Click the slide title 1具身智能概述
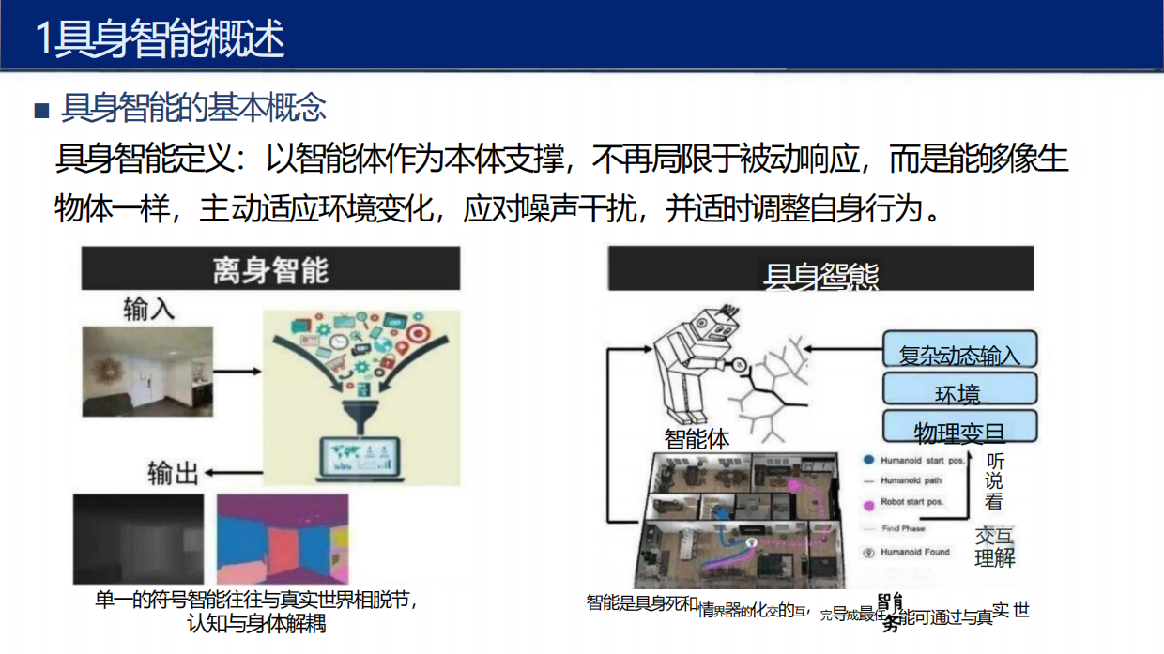point(160,39)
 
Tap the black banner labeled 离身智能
point(270,269)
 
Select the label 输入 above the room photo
point(148,309)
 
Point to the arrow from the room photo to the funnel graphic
point(232,372)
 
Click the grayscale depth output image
point(138,540)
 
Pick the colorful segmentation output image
point(282,540)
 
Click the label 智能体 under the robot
point(697,438)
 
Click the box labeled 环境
point(958,391)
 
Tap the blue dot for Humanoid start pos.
point(869,461)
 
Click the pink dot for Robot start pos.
point(869,503)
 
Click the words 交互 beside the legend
point(994,536)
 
